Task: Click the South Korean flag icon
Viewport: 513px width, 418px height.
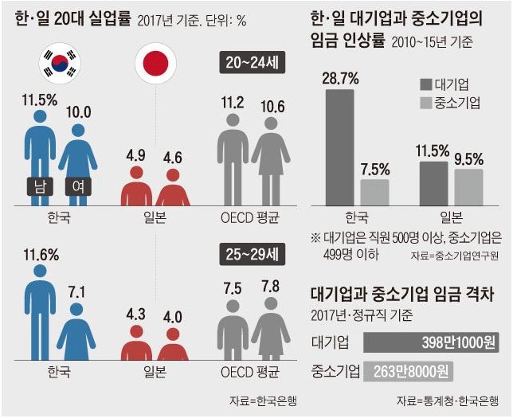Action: (60, 63)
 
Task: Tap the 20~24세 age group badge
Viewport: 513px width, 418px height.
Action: (251, 63)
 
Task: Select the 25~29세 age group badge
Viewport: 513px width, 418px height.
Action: (251, 256)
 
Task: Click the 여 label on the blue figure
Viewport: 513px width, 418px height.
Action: (78, 187)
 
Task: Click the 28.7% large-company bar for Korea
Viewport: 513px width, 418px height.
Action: (339, 144)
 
